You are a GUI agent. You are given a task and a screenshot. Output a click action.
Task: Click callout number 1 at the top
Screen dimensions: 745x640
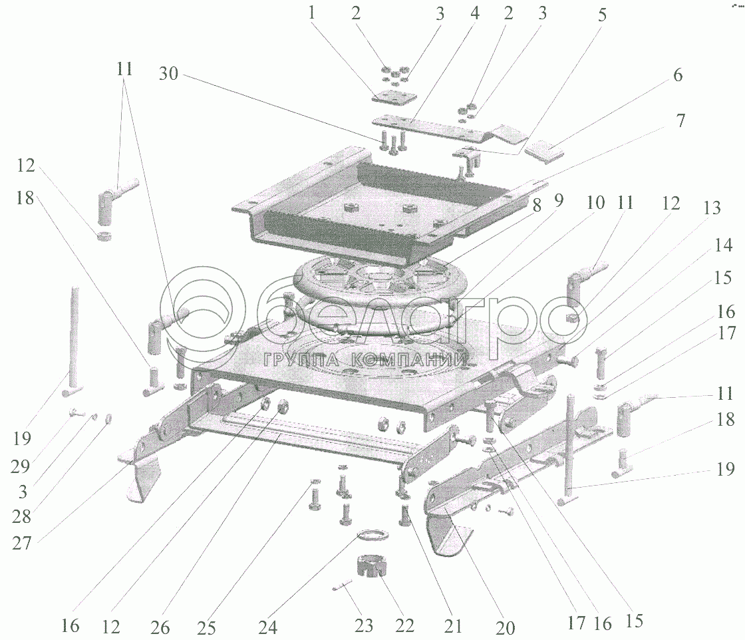[312, 13]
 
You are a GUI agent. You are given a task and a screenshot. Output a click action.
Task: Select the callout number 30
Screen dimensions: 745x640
[168, 74]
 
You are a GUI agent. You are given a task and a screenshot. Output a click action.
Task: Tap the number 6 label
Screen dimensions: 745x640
[678, 75]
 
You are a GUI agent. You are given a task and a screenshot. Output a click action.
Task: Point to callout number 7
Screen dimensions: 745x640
[680, 120]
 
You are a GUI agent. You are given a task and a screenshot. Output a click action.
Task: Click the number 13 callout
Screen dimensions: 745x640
[712, 208]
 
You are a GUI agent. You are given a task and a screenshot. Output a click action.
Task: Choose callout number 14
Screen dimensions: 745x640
[722, 245]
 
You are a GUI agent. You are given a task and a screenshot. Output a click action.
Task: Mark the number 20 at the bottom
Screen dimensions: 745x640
[505, 627]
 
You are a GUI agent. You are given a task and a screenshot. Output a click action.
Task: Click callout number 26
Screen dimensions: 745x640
[160, 627]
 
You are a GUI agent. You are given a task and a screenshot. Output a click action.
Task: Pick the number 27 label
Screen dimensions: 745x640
[22, 543]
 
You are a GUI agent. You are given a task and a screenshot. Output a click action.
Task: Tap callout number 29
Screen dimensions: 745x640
[21, 466]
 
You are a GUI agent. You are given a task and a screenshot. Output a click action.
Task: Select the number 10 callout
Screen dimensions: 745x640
[595, 202]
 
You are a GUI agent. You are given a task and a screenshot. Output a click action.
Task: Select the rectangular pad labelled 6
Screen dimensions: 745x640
[546, 150]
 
